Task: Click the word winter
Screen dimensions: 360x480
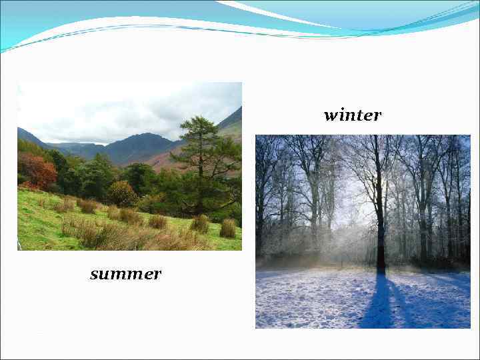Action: coord(352,115)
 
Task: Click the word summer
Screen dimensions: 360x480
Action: coord(125,274)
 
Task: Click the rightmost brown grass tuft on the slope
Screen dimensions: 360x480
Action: coord(228,229)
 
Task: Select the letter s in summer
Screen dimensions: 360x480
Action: coord(94,275)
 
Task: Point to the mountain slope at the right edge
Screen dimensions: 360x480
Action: coord(232,127)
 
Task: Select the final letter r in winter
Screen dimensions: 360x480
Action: coord(377,116)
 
